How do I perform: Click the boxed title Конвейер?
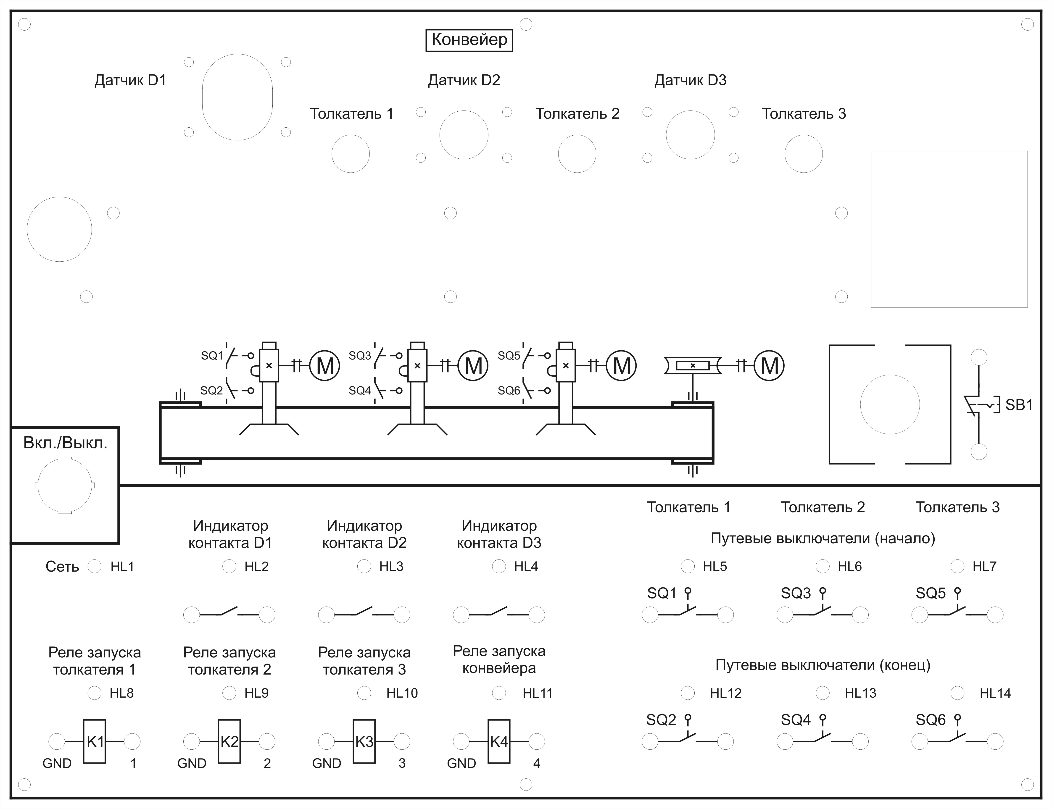(x=469, y=40)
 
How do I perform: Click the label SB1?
(x=1019, y=405)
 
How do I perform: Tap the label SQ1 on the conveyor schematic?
(x=212, y=356)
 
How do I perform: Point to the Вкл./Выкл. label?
(x=65, y=443)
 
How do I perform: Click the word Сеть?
(x=62, y=567)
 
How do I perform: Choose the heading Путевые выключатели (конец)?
(x=823, y=665)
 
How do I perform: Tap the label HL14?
(x=995, y=693)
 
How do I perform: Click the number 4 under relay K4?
(x=537, y=763)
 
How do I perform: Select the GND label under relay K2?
(x=192, y=763)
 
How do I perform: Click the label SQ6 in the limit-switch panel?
(x=931, y=720)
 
